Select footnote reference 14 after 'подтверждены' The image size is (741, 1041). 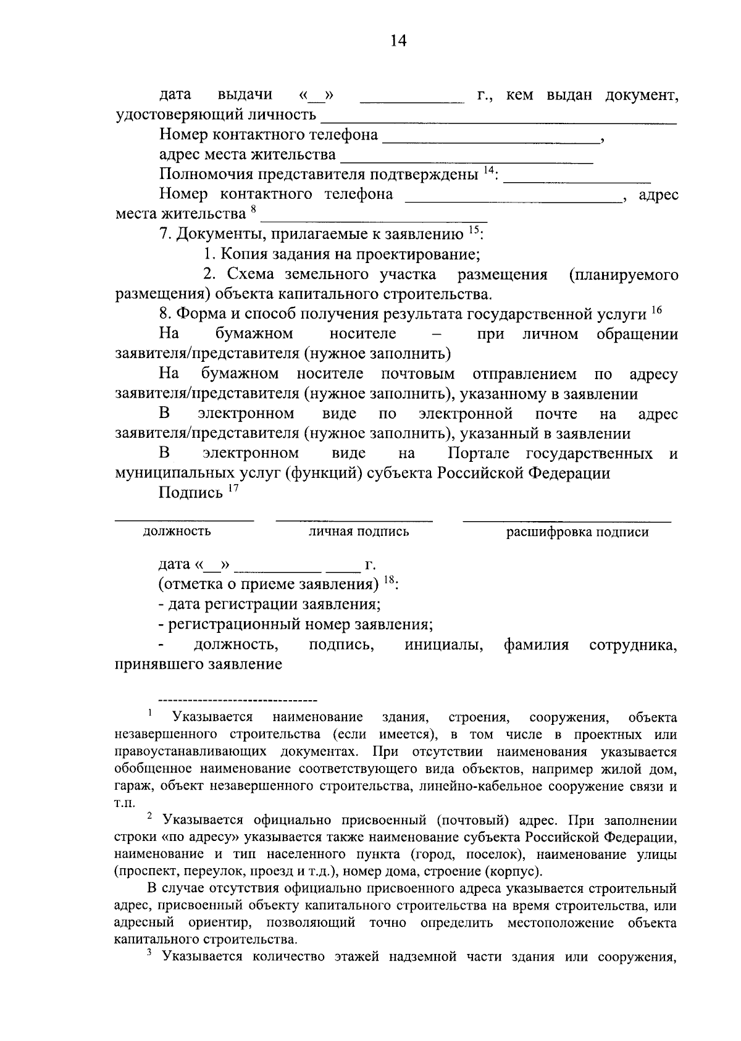click(489, 170)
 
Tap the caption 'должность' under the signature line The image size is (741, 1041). click(177, 531)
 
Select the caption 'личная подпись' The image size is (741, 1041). click(359, 532)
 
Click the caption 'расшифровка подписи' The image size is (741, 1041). click(577, 532)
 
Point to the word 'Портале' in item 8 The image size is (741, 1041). click(479, 454)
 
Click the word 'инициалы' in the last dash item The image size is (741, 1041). click(443, 645)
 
